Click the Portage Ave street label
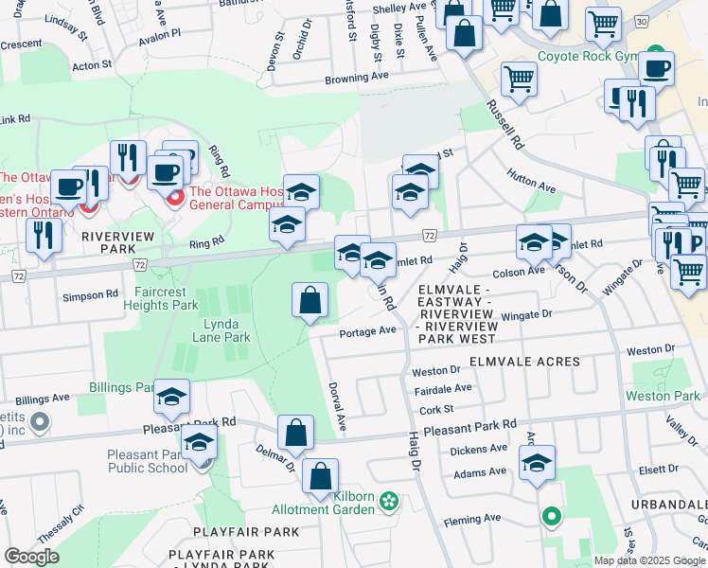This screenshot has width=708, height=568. coord(367,331)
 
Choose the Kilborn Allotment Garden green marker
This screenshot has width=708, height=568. coord(387,499)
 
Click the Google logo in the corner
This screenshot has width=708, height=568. coord(31,556)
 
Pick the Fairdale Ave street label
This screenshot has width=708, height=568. coord(442,388)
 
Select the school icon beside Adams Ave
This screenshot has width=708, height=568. coord(537,464)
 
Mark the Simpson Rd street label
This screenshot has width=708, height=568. coord(91,295)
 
